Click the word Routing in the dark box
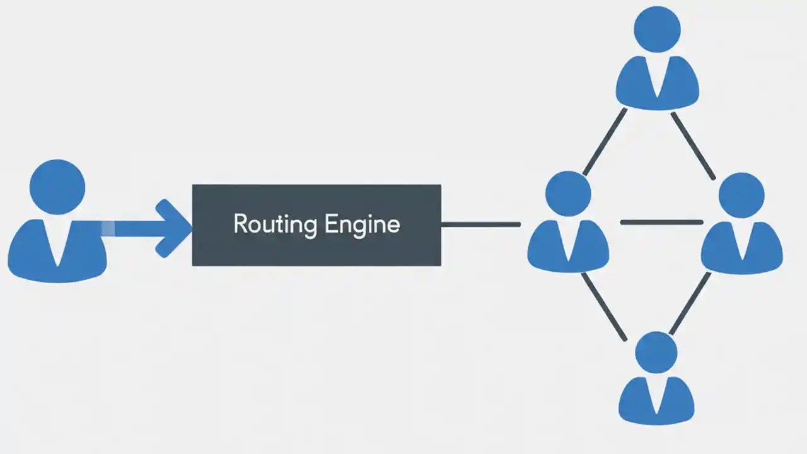(x=275, y=224)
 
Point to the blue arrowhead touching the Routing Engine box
(x=173, y=228)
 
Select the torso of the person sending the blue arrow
(x=32, y=252)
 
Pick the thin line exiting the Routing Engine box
(x=480, y=224)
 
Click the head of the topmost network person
(x=657, y=29)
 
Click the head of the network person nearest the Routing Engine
(x=568, y=194)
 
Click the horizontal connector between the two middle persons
(x=661, y=222)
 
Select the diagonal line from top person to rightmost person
(x=693, y=146)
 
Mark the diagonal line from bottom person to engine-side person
(x=603, y=306)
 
